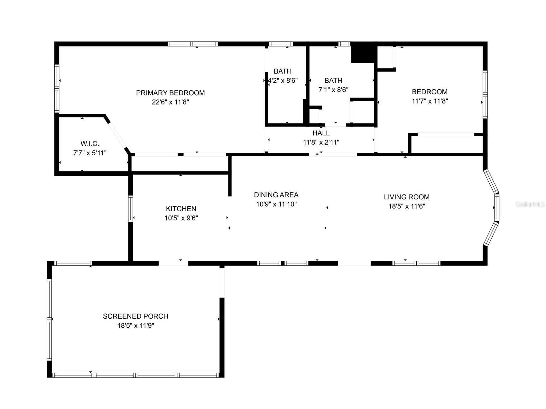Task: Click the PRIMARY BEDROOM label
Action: [170, 93]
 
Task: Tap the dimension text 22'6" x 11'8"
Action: [170, 102]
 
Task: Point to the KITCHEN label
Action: [181, 209]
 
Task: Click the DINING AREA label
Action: [276, 195]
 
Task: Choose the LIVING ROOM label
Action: [407, 197]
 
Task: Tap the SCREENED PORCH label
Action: [135, 316]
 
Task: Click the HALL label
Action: [321, 133]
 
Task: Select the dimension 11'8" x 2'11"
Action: [321, 142]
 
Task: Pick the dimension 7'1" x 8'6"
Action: [333, 90]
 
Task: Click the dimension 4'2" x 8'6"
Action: [282, 80]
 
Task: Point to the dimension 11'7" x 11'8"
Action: [430, 101]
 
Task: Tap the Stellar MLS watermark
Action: [530, 204]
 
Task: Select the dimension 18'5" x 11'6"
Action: [407, 206]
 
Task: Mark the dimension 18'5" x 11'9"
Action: [135, 325]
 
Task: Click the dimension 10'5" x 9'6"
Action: [181, 218]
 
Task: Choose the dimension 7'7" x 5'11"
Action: [90, 153]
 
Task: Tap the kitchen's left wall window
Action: [130, 209]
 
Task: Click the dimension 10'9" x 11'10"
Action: [276, 204]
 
